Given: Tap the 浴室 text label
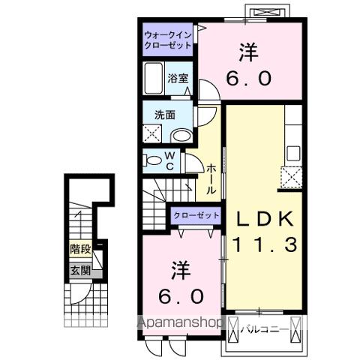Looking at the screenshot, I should click(177, 77).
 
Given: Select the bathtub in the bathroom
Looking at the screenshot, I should click(154, 79).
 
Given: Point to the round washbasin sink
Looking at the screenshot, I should click(181, 136).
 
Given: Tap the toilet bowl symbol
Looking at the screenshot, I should click(152, 160).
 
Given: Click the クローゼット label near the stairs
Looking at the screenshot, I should click(196, 215).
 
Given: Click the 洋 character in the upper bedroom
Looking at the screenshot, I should click(247, 52).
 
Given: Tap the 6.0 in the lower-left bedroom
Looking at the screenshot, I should click(180, 295).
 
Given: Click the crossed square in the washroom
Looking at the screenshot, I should click(153, 134).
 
